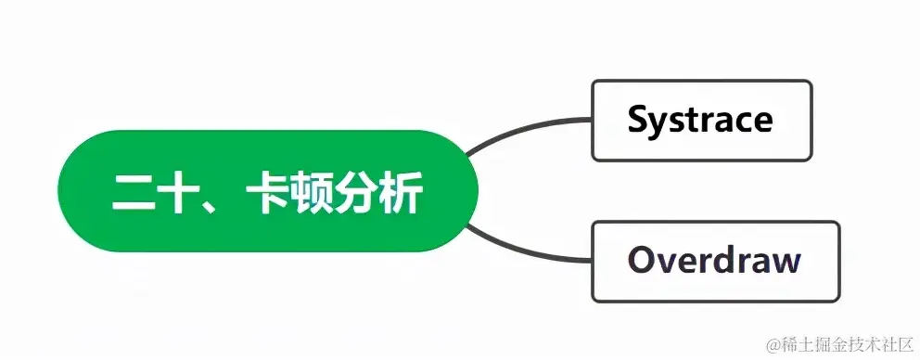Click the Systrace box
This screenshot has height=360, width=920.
701,121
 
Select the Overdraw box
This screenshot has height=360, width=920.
715,261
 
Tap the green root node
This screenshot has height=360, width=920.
268,191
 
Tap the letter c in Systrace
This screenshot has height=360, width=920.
740,122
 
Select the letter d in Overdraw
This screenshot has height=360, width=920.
716,260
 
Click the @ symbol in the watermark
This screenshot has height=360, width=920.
772,344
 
